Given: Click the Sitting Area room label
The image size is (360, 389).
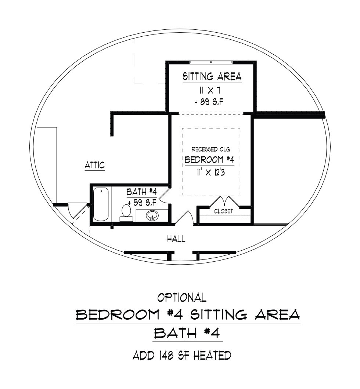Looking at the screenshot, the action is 212,76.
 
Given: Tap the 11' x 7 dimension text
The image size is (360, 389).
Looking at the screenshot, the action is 210,91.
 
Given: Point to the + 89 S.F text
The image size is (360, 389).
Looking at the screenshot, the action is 210,102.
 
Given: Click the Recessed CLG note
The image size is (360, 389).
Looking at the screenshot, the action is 210,149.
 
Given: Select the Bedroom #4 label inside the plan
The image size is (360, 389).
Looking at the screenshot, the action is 209,160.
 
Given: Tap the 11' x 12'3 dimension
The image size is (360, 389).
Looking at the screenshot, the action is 211,172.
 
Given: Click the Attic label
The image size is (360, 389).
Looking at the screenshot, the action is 95,165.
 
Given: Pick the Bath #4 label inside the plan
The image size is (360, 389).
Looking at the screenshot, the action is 141,192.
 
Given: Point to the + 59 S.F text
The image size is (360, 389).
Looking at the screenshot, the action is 142,203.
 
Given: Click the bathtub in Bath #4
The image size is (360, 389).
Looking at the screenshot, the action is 101,204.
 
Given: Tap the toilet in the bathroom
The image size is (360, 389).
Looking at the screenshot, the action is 126,213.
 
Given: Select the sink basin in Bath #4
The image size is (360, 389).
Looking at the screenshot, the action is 152,215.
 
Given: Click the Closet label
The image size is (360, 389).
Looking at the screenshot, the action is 223,211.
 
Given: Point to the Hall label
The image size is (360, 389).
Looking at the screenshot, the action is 176,239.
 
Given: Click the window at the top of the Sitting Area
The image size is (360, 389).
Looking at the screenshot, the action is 211,62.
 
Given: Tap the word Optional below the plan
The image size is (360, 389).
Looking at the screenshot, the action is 182,298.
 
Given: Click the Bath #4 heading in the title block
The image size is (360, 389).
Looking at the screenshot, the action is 187,333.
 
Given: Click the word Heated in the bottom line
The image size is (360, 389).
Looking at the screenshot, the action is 212,355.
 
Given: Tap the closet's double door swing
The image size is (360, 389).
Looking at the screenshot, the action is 225,201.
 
